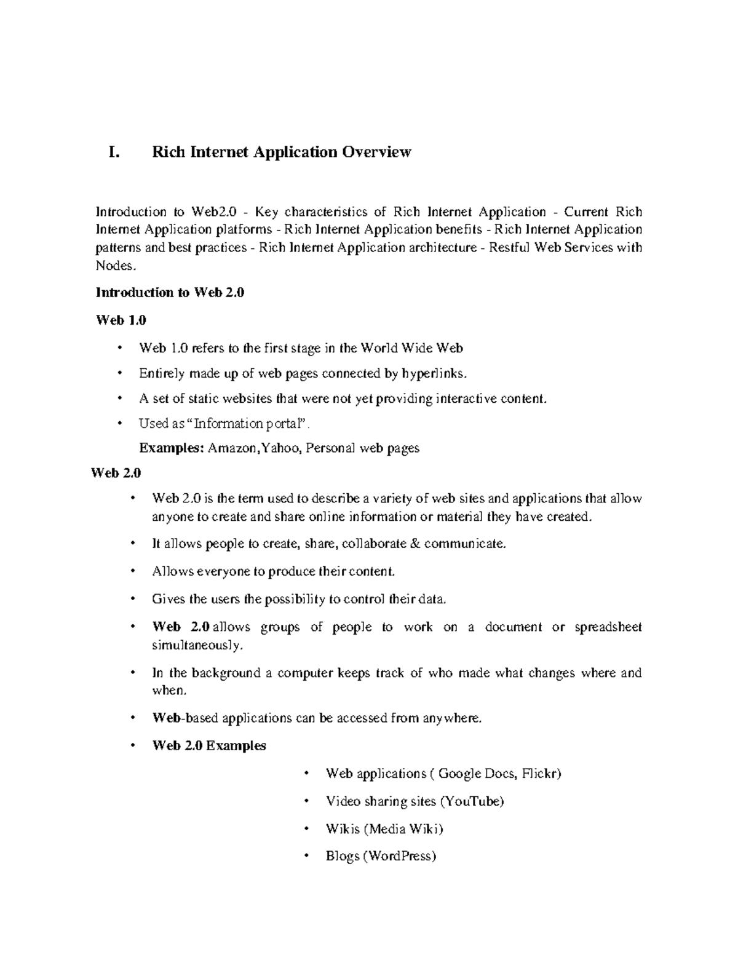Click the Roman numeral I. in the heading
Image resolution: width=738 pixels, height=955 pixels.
113,152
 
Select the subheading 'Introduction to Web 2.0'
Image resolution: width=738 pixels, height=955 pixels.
170,293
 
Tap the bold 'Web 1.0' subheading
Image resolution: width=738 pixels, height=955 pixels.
121,320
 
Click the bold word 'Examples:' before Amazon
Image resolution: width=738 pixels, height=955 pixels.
171,448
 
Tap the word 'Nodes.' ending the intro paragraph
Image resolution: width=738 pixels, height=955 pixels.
114,266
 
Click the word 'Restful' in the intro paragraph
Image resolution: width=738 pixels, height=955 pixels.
509,248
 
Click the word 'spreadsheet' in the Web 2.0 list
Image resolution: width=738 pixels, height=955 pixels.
608,627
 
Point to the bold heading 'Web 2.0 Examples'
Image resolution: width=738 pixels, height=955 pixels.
208,746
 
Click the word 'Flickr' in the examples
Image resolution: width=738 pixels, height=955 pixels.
540,774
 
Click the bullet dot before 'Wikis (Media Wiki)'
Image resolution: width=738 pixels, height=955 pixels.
306,829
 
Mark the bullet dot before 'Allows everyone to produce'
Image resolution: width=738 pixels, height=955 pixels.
133,572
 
